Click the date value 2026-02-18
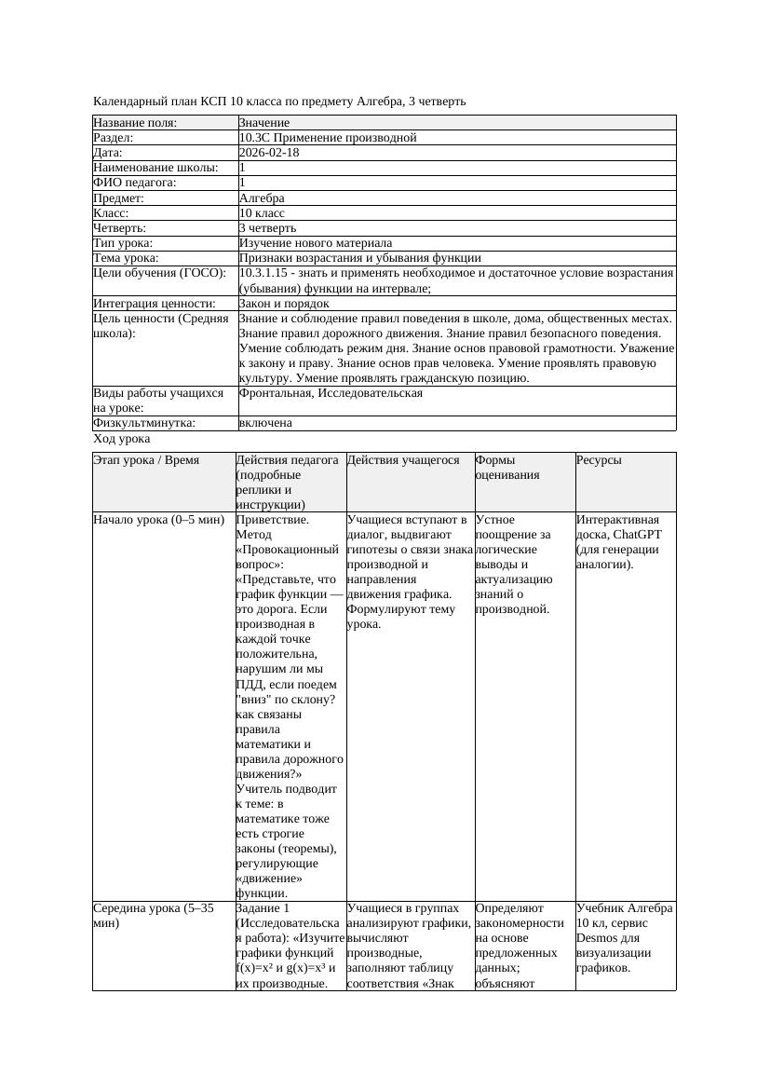pyautogui.click(x=268, y=153)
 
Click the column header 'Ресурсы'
pyautogui.click(x=599, y=460)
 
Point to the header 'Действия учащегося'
pyautogui.click(x=403, y=460)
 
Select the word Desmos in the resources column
pyautogui.click(x=596, y=937)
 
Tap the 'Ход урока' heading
pyautogui.click(x=122, y=439)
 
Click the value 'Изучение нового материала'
pyautogui.click(x=316, y=243)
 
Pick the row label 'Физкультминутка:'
pyautogui.click(x=144, y=423)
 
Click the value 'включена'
pyautogui.click(x=265, y=423)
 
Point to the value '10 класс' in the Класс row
pyautogui.click(x=262, y=213)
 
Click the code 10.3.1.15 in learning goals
pyautogui.click(x=265, y=274)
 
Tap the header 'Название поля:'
pyautogui.click(x=135, y=123)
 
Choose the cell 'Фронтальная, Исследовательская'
pyautogui.click(x=331, y=393)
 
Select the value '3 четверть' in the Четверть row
pyautogui.click(x=267, y=228)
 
